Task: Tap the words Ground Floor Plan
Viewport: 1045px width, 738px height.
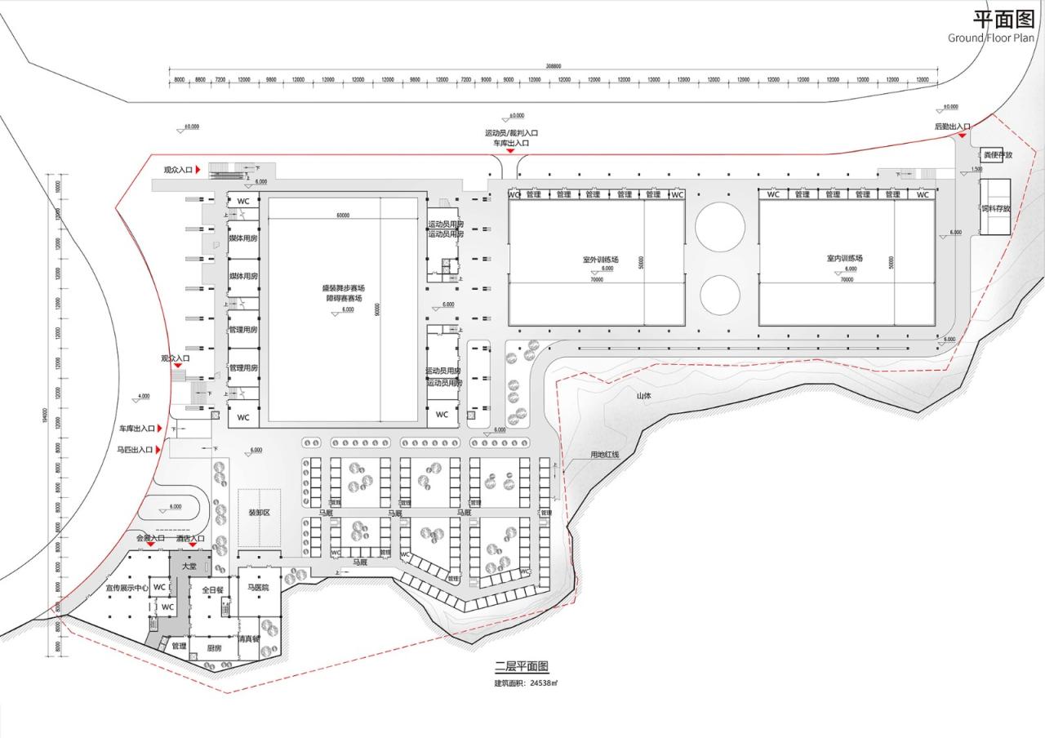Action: coord(990,38)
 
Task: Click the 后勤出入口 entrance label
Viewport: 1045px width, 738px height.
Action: coord(952,127)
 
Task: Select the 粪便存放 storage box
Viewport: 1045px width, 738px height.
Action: coord(996,154)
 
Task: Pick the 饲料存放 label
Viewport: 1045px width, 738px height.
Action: coord(996,209)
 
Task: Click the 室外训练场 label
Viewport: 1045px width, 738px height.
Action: coord(600,259)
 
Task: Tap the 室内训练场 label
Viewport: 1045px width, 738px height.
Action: coord(844,258)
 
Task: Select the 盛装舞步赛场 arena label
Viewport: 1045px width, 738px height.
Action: coord(343,288)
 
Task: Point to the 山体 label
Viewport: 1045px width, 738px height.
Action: coord(644,396)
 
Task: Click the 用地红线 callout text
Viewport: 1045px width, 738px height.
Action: coord(605,454)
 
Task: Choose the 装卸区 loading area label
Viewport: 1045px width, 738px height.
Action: coord(260,513)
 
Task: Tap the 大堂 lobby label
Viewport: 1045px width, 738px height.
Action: coord(189,565)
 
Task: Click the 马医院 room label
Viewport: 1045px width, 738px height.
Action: coord(258,587)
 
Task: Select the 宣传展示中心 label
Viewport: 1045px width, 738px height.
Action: coord(127,587)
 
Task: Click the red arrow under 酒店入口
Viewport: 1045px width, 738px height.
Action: coord(193,546)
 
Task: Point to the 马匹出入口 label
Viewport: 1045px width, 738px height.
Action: coord(136,449)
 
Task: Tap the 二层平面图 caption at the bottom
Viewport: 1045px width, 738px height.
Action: coord(522,667)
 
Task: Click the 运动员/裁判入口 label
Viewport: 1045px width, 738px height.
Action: coord(511,133)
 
